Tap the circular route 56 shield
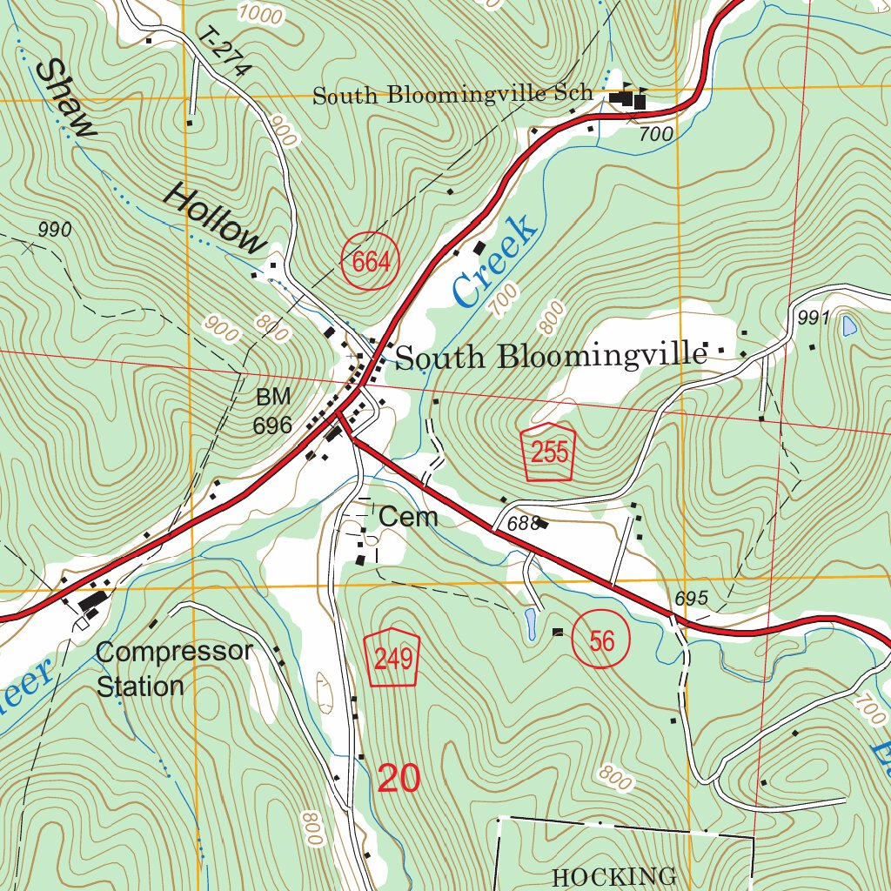coord(601,641)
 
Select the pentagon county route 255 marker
coord(549,452)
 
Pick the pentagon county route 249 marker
coord(392,657)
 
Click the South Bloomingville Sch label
coord(452,95)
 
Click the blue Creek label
coord(494,263)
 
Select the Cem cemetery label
coord(408,517)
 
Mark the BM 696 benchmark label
coord(272,412)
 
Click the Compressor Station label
coord(173,668)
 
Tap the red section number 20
coord(399,778)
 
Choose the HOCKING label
coord(613,875)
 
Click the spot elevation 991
coord(814,318)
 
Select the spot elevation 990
coord(55,230)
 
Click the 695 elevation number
coord(692,599)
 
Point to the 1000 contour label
coord(259,14)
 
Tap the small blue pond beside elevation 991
coord(848,326)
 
